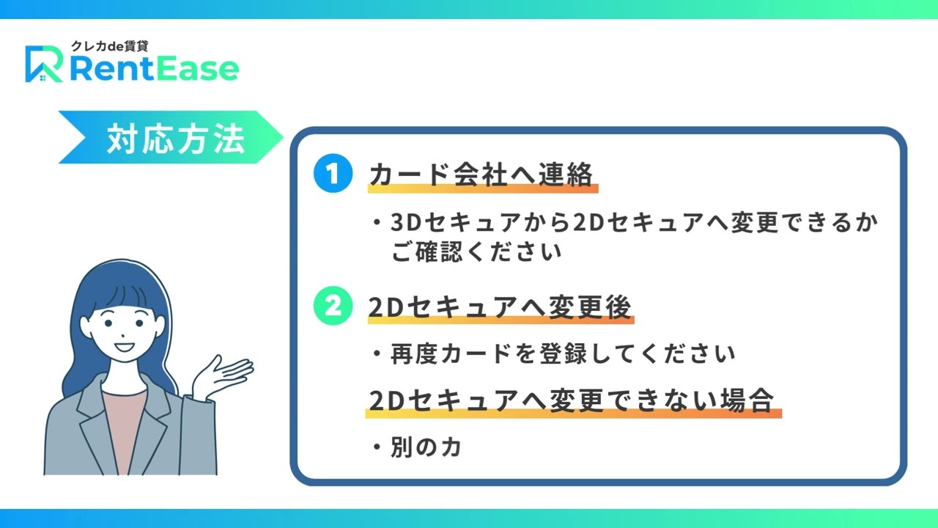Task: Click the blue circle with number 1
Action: [333, 173]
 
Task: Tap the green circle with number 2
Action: [333, 306]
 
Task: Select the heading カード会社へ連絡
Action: [481, 174]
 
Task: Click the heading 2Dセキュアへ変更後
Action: [500, 307]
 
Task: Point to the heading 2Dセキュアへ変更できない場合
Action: [571, 400]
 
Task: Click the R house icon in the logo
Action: [44, 64]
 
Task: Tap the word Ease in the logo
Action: [196, 69]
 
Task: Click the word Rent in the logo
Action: [111, 69]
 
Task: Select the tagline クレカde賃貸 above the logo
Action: [110, 46]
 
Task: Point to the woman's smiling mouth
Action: [124, 347]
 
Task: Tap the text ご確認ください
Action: [476, 252]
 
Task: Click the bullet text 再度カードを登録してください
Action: [563, 353]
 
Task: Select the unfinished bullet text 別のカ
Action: [426, 447]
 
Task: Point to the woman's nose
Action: [122, 336]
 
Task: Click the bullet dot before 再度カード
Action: [377, 353]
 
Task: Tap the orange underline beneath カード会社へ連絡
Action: [483, 188]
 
